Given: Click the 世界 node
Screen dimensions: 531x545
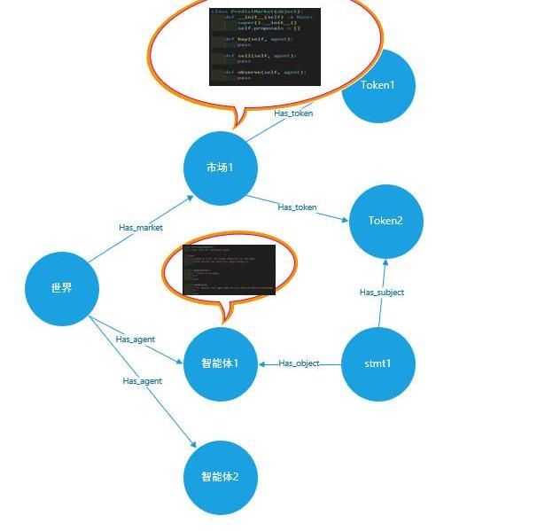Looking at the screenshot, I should coord(61,288).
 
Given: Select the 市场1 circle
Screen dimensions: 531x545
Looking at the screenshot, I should coord(220,168).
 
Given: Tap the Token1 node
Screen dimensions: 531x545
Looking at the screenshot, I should coord(378,86).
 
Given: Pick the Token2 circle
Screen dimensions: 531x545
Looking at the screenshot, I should coord(385,221).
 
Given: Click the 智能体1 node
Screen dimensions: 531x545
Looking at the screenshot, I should coord(220,363).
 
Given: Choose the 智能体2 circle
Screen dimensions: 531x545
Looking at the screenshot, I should coord(220,477).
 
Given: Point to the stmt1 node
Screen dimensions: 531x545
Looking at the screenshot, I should coord(378,363).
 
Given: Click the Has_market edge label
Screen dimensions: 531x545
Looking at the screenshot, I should coord(141,228).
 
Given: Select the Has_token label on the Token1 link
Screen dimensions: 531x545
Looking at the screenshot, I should coord(293,113).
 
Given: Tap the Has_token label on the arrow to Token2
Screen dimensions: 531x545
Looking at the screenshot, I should coord(297,207).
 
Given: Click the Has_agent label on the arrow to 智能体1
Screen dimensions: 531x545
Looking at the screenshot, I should coord(136,339).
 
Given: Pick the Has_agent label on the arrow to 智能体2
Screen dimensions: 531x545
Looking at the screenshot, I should coord(142,380).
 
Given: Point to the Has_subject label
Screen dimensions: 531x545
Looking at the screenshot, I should coord(382,292).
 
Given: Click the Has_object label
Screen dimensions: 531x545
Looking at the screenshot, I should coord(299,363).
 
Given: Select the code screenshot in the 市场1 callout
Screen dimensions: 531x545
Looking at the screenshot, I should coord(264,47).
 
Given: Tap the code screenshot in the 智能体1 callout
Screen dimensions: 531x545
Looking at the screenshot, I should coord(229,269).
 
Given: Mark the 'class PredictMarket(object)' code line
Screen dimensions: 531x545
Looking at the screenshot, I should coord(257,12).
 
